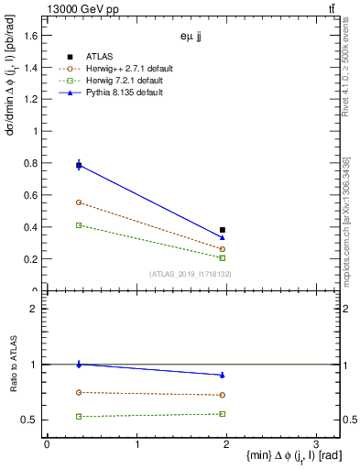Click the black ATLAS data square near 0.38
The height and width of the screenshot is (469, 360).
pyautogui.click(x=223, y=230)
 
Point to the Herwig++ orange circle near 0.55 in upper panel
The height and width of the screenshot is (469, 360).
pyautogui.click(x=79, y=202)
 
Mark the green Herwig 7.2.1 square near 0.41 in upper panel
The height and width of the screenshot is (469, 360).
pyautogui.click(x=79, y=225)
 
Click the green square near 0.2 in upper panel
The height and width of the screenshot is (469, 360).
pyautogui.click(x=223, y=258)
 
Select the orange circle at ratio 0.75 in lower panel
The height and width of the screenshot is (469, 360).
pyautogui.click(x=79, y=392)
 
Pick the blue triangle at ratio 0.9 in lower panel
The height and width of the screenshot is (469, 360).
pyautogui.click(x=223, y=375)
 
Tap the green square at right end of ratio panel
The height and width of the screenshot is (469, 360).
pyautogui.click(x=223, y=414)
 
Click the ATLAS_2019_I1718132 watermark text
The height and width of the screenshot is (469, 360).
pyautogui.click(x=191, y=274)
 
